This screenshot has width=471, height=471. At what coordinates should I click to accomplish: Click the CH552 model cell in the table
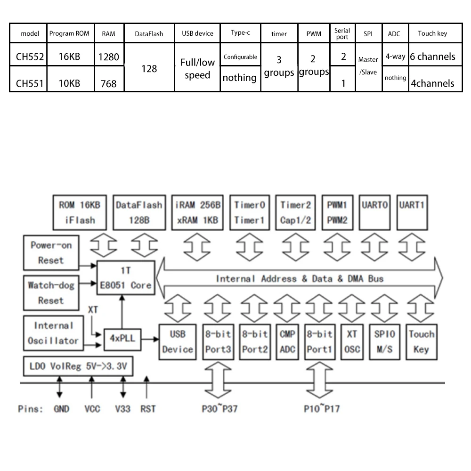(x=30, y=57)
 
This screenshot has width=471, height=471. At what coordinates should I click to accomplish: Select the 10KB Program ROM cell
(x=69, y=83)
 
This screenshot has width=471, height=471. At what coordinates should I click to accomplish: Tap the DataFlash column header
(x=149, y=34)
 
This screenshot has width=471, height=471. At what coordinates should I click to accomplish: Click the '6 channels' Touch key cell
(x=432, y=57)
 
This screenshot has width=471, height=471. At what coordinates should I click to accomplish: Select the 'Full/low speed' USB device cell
(x=197, y=69)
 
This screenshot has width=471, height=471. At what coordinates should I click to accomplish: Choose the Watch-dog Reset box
(x=51, y=292)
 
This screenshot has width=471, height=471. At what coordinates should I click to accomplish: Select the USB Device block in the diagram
(x=177, y=341)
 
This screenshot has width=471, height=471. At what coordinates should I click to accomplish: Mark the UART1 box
(x=412, y=211)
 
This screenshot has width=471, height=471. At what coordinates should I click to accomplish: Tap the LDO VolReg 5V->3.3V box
(x=78, y=366)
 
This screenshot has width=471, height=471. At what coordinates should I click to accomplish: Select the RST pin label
(x=148, y=408)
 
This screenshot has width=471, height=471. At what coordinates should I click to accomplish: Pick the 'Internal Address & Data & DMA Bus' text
(x=300, y=279)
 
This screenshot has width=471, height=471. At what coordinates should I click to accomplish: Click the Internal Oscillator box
(x=53, y=333)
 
